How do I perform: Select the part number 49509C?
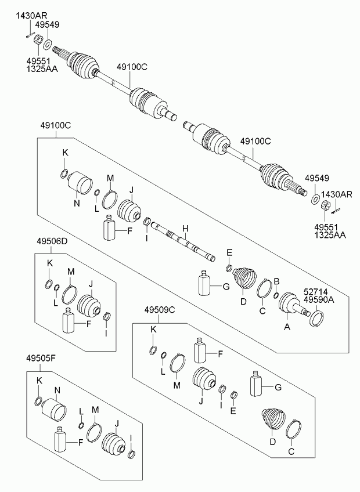coord(160,310)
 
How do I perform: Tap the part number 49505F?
coord(41,358)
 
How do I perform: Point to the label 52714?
coord(315,292)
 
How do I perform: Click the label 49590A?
coord(319,301)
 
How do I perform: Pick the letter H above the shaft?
coord(185,229)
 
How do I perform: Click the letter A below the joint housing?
coord(287,327)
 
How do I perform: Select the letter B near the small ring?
coord(276,281)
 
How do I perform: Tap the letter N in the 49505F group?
coord(57,390)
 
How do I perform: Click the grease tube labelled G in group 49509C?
coord(255,382)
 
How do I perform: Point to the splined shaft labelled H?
coord(183,241)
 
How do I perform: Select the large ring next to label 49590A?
coord(317,318)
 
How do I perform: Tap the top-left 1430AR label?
coord(31,16)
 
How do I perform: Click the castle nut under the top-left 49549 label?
coord(38,40)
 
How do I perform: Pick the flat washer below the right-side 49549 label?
coord(315,198)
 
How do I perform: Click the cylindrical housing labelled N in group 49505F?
coord(54,410)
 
